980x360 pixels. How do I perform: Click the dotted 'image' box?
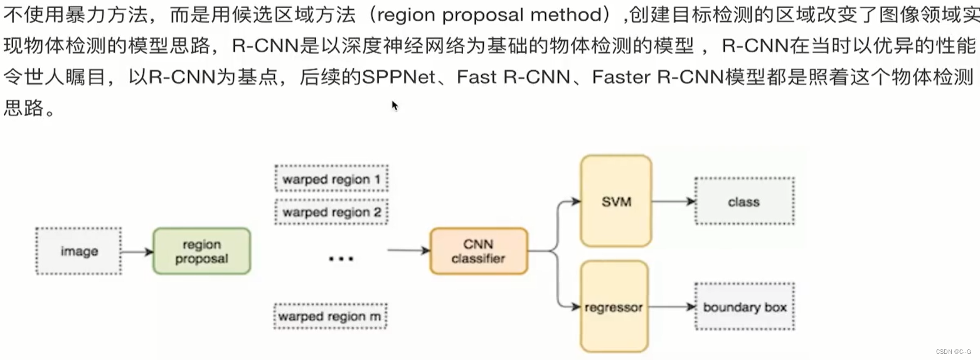pyautogui.click(x=78, y=251)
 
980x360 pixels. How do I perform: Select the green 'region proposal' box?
pyautogui.click(x=201, y=251)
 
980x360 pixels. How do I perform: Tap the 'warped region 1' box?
pyautogui.click(x=331, y=179)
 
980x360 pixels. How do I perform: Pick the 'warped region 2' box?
pyautogui.click(x=331, y=213)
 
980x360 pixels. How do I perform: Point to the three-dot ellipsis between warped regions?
pyautogui.click(x=341, y=258)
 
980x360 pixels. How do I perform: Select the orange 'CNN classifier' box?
pyautogui.click(x=479, y=251)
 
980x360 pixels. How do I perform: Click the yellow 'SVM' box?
pyautogui.click(x=615, y=201)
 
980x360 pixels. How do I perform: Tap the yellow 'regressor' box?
pyautogui.click(x=614, y=307)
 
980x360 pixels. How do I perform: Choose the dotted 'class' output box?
pyautogui.click(x=743, y=201)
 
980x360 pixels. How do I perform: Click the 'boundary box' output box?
pyautogui.click(x=744, y=307)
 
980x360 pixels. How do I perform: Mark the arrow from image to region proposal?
pyautogui.click(x=137, y=252)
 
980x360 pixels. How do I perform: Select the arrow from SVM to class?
pyautogui.click(x=673, y=201)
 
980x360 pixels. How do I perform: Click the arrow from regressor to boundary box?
pyautogui.click(x=671, y=307)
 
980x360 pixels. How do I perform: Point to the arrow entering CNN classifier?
pyautogui.click(x=408, y=251)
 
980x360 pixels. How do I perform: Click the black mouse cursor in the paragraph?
pyautogui.click(x=395, y=105)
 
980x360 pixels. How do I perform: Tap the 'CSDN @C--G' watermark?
pyautogui.click(x=953, y=352)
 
